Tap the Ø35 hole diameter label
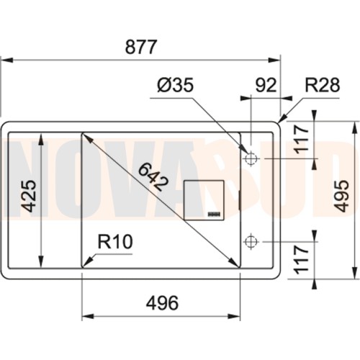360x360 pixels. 175,86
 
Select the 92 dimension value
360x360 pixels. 266,86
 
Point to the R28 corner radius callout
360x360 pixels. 321,86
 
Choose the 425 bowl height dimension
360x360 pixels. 28,196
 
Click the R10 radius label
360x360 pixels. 115,243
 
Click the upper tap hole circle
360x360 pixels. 251,158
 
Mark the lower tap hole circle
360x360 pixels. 251,240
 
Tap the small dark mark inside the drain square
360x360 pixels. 215,214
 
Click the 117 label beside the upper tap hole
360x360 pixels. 302,140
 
